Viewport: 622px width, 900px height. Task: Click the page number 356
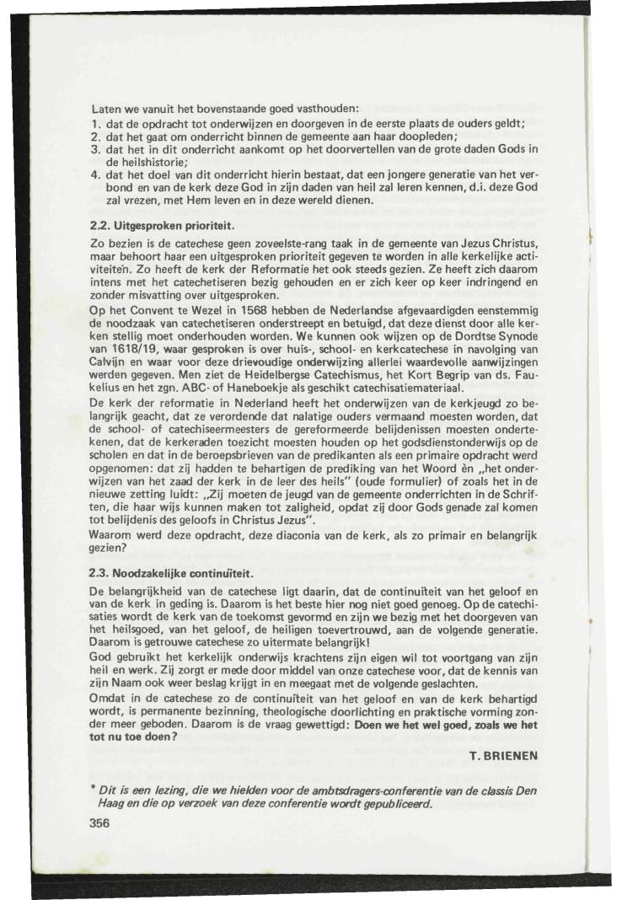click(101, 825)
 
